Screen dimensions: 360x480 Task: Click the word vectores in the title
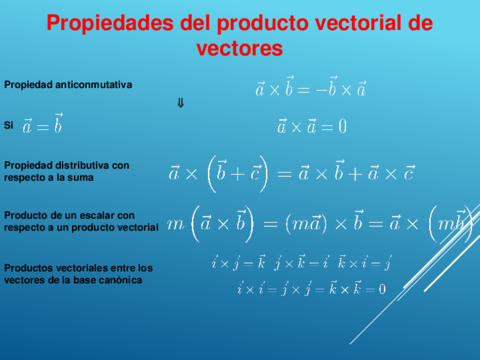coord(240,47)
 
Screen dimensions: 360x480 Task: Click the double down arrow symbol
coord(180,103)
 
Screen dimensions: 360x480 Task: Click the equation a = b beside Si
coord(43,126)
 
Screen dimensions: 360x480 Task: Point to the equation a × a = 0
coord(312,126)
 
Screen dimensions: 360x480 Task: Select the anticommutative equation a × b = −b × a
coord(311,89)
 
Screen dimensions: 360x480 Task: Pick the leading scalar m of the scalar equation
coord(176,224)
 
